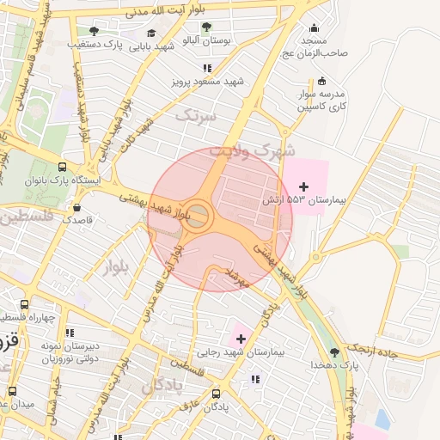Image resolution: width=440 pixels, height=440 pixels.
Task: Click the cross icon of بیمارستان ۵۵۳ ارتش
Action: point(302,186)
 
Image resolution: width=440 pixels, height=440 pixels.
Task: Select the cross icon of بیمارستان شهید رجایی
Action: point(240,339)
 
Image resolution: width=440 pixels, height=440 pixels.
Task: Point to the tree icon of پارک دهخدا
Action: point(335,351)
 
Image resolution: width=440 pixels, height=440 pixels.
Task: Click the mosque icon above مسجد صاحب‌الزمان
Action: point(312,27)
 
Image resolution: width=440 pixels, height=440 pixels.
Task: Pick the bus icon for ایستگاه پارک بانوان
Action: point(62,168)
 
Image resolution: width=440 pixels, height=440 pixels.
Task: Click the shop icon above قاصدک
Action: point(77,206)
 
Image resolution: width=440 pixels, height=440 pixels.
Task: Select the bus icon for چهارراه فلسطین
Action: point(24,304)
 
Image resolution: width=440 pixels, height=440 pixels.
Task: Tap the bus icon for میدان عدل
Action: point(12,391)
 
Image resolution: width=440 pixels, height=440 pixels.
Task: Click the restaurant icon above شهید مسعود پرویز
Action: point(206,68)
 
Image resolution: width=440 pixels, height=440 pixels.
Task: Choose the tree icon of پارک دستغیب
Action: point(94,31)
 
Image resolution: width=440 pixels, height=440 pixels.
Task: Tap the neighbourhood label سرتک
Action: point(196,113)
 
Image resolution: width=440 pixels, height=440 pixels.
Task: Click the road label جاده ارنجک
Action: point(394,351)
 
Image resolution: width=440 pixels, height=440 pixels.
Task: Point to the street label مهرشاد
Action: point(236,277)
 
